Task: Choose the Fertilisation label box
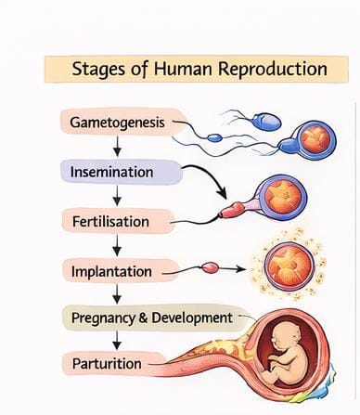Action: point(116,221)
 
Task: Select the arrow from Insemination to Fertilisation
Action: point(118,196)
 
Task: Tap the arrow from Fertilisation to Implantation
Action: point(118,246)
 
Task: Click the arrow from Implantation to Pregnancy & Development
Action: point(118,294)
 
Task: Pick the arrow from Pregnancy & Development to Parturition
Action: point(118,341)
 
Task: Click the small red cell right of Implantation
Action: point(210,269)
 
